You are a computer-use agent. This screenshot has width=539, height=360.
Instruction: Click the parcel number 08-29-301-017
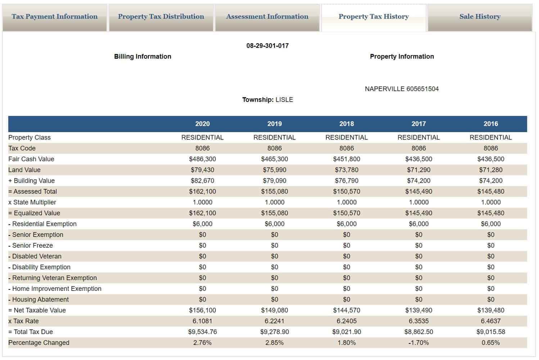268,46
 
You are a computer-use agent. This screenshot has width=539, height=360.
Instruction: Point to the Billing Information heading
143,57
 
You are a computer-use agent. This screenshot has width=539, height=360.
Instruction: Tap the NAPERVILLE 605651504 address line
402,89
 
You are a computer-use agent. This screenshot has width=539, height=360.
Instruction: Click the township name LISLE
284,100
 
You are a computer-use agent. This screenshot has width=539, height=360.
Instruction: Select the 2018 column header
346,124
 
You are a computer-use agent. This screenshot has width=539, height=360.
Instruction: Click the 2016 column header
491,124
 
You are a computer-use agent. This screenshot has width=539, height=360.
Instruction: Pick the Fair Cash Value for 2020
202,159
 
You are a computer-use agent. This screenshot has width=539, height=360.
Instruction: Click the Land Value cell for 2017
419,170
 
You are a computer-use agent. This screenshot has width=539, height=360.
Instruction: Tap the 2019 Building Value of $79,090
275,181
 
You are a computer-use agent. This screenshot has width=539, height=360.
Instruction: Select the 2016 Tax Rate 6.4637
491,321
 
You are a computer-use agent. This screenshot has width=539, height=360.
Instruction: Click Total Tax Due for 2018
346,332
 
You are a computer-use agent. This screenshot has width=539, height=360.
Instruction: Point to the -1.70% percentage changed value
419,343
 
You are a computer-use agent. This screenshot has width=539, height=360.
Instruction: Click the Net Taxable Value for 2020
202,310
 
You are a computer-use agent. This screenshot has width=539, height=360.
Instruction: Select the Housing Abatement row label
38,300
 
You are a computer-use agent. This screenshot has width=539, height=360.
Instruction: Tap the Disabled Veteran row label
35,256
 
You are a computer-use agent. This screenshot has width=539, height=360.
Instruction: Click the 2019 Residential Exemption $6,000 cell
275,224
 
